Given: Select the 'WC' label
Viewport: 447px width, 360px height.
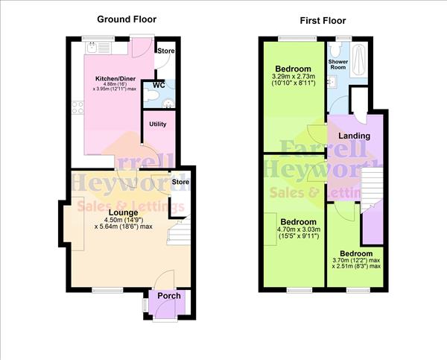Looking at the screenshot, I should (x=158, y=85).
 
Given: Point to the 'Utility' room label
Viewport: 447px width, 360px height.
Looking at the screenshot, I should (x=158, y=124).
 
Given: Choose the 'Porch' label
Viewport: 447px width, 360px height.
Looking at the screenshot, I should (x=168, y=296).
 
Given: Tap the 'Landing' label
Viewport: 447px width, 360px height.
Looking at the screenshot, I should (x=355, y=136).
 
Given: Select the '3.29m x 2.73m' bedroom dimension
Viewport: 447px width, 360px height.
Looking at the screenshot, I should (x=292, y=77).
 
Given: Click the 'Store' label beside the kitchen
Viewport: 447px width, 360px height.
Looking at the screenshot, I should (x=165, y=51).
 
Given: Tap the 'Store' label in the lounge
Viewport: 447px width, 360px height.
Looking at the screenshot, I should (x=180, y=181).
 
